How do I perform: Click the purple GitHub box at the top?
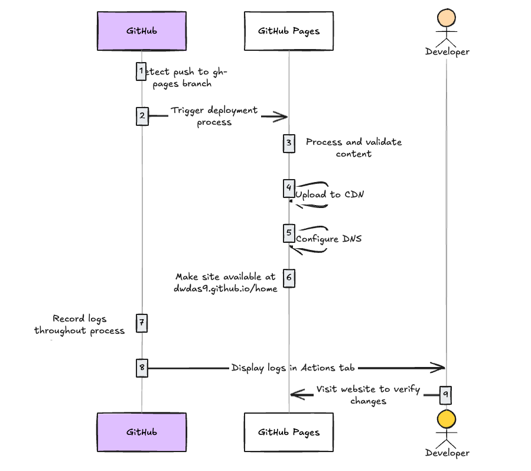coord(142,31)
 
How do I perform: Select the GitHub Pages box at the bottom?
coord(288,432)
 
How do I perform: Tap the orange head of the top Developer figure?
coord(447,18)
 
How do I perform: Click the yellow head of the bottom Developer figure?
coord(447,419)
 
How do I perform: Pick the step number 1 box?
coord(141,72)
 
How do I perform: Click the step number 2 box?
coord(142,116)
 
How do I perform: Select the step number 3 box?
coord(289,144)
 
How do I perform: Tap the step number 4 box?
coord(289,189)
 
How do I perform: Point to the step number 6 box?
coord(289,278)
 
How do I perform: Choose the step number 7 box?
coord(142,323)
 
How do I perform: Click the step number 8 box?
coord(142,368)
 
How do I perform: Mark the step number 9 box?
coord(445,395)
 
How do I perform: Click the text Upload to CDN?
coord(329,194)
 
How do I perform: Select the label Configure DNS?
coord(328,239)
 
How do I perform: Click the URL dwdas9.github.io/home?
coord(226,289)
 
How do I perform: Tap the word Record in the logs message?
coord(69,319)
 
